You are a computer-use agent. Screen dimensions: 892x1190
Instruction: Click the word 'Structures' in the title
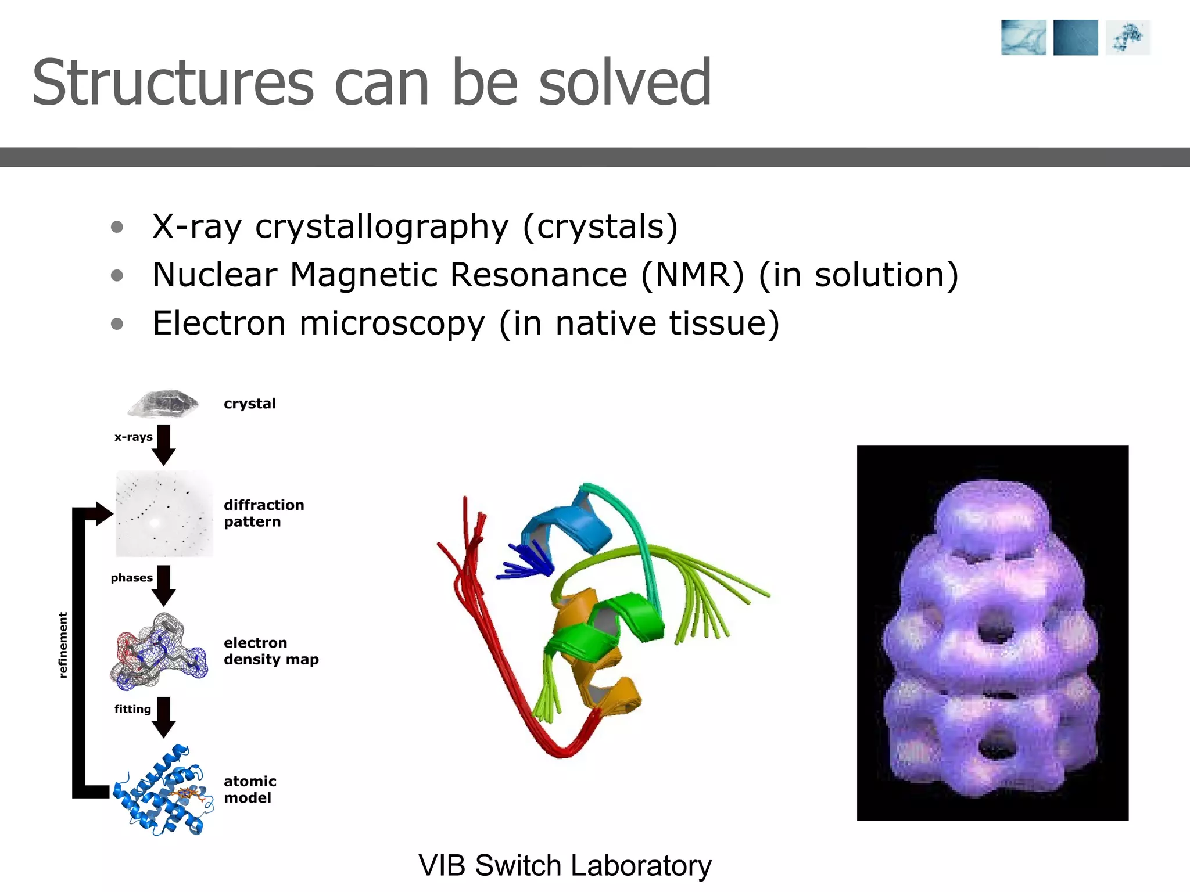click(173, 83)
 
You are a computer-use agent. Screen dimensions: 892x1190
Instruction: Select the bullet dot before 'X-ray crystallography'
click(117, 227)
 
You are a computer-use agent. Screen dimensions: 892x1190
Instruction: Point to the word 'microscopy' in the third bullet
click(392, 323)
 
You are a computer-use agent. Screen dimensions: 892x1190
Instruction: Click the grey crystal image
click(164, 404)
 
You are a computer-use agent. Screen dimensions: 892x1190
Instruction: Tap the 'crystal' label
click(250, 404)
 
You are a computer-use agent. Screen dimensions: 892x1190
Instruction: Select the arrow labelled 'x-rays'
click(164, 444)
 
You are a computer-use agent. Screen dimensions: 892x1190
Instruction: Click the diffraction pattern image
click(164, 514)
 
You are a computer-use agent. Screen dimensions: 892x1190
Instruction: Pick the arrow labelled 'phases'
click(164, 585)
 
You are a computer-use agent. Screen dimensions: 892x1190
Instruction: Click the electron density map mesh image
click(159, 653)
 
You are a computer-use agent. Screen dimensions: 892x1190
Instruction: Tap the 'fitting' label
click(132, 709)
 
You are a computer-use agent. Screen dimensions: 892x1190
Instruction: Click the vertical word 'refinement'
click(63, 645)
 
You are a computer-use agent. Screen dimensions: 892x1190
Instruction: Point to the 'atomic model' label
click(250, 789)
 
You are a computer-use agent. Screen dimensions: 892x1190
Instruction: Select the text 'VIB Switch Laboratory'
click(565, 865)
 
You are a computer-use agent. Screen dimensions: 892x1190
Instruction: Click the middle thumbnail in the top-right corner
click(1076, 38)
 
